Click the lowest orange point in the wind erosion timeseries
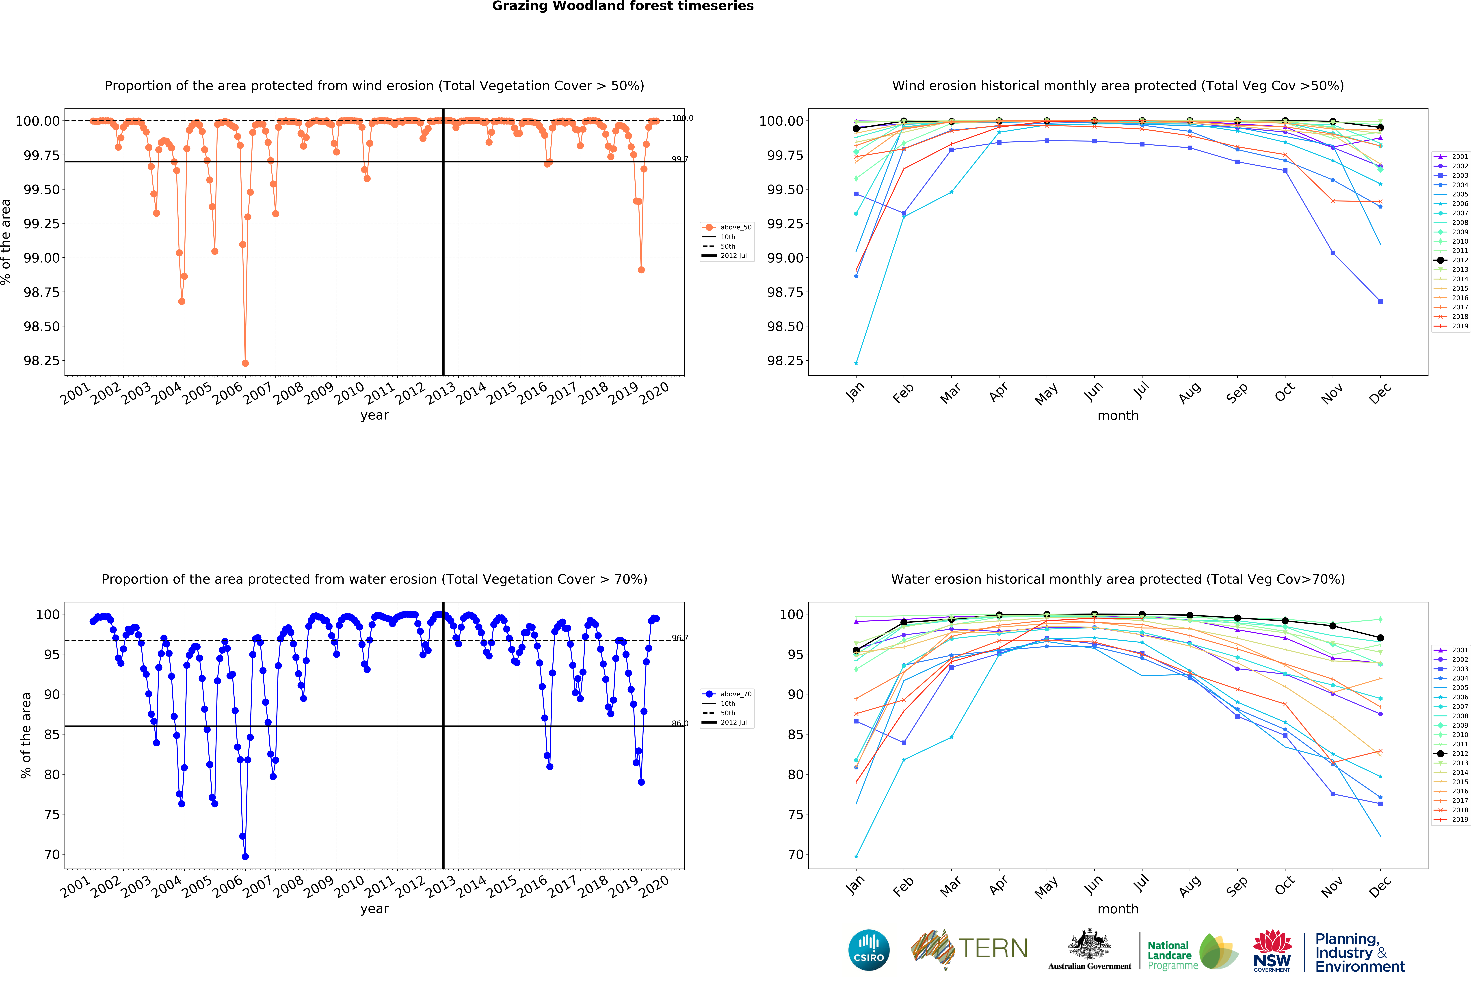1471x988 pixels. coord(245,364)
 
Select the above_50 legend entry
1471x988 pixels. coord(727,227)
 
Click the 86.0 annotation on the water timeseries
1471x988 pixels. coord(679,723)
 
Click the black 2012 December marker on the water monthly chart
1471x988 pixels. coord(1380,638)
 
